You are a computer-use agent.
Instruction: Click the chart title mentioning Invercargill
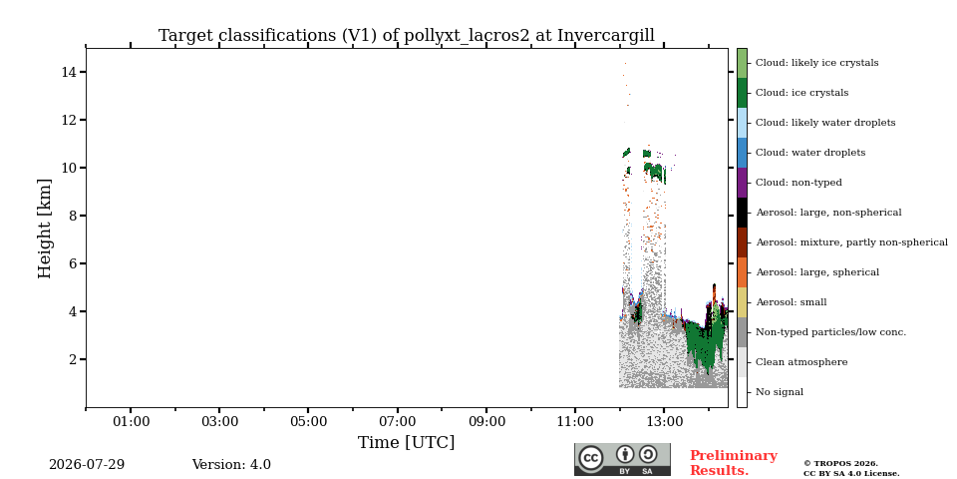(x=407, y=36)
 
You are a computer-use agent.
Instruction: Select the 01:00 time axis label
(x=131, y=421)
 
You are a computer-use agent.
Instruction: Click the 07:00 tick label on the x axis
(x=398, y=421)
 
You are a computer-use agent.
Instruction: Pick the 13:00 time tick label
(x=664, y=421)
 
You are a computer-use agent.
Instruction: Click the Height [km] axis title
(x=45, y=230)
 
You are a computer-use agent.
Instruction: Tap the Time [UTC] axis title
(x=406, y=442)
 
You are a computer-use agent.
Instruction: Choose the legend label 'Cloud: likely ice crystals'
(x=816, y=63)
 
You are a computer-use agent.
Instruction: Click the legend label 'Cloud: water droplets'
(x=809, y=153)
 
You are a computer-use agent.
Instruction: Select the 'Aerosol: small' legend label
(x=791, y=302)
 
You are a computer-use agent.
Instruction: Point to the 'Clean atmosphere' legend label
(x=801, y=362)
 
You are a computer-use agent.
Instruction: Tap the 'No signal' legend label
(x=780, y=392)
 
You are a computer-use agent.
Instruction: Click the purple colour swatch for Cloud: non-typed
(x=742, y=183)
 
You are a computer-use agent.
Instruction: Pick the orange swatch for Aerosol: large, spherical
(x=742, y=272)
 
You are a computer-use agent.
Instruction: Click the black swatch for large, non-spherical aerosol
(x=742, y=213)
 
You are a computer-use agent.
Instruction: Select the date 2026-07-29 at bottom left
(x=87, y=465)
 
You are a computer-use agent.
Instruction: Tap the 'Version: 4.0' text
(x=231, y=465)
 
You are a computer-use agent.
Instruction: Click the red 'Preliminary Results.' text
(x=733, y=463)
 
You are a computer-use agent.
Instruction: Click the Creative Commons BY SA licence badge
(x=622, y=459)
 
